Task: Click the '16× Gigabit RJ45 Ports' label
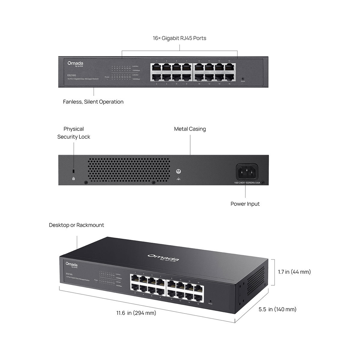point(179,38)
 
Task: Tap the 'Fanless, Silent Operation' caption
point(93,102)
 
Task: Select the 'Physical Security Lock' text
point(73,133)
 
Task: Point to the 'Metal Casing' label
point(190,129)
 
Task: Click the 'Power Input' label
point(245,204)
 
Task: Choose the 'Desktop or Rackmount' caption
point(76,225)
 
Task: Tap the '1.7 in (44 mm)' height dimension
point(294,272)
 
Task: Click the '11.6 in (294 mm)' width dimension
point(136,313)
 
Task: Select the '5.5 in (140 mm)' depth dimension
point(277,309)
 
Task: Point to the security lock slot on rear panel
point(74,171)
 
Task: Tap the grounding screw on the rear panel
point(178,172)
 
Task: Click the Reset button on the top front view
point(242,79)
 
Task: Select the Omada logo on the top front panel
point(75,64)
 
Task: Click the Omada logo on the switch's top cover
point(163,257)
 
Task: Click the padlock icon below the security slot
point(74,178)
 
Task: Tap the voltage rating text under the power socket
point(247,183)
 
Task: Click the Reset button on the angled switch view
point(210,301)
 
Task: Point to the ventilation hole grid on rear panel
point(129,170)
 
